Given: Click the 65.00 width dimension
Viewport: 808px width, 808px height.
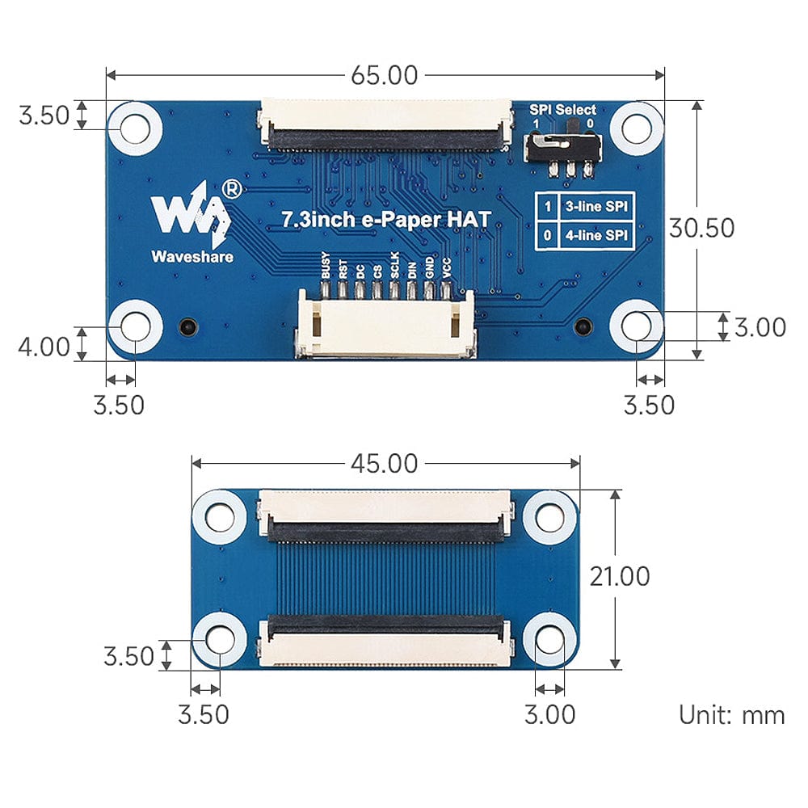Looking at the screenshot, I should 384,75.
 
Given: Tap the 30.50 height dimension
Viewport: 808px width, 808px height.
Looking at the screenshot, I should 701,228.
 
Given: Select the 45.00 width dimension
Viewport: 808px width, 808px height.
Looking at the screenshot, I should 384,464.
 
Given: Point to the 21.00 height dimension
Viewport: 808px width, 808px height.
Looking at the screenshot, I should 620,576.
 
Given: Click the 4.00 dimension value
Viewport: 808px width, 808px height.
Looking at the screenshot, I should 44,347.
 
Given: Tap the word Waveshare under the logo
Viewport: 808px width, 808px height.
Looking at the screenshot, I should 192,257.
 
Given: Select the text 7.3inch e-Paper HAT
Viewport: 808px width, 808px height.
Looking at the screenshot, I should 385,218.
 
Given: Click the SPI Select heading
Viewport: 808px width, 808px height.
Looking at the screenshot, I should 563,109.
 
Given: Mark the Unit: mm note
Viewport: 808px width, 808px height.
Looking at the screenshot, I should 731,715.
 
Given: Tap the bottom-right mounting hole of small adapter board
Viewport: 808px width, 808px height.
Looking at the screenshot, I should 549,639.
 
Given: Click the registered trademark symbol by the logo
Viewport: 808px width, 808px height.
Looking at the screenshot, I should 230,189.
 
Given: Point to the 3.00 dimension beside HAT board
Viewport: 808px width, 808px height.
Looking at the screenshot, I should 760,327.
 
